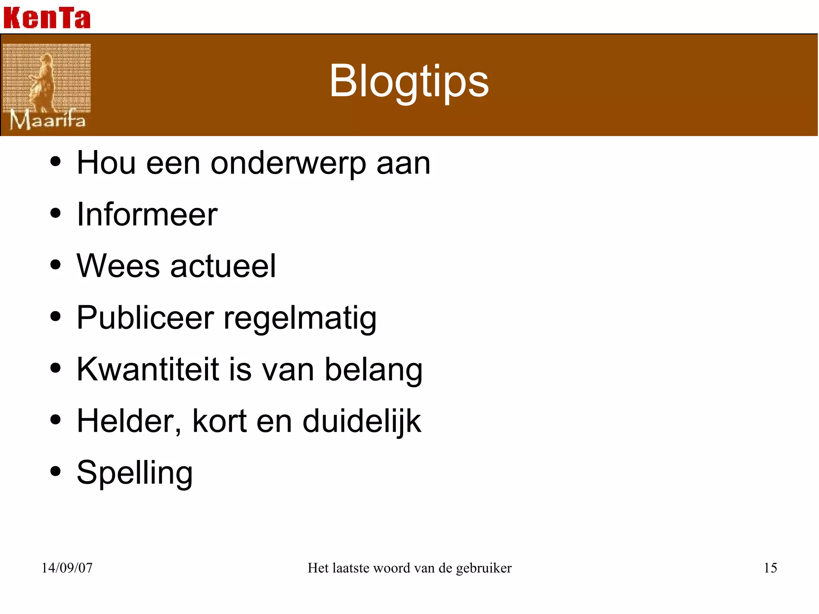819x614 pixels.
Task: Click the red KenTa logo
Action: coord(47,18)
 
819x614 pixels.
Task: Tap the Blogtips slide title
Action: coord(409,81)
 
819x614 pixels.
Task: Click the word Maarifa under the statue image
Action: coord(47,120)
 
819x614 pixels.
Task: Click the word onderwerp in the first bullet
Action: coord(288,164)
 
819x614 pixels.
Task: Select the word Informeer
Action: coord(147,215)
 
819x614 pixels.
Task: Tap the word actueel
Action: coord(223,266)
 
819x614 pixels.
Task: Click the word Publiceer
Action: coord(145,318)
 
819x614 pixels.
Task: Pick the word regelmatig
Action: coord(300,319)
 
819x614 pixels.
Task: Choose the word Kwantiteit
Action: coord(148,369)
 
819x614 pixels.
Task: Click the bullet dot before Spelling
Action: coord(56,471)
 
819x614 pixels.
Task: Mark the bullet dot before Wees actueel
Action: coord(56,264)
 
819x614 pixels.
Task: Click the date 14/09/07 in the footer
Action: coord(67,568)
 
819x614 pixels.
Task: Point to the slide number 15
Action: coord(770,568)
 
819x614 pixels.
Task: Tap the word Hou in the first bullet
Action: coord(106,163)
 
